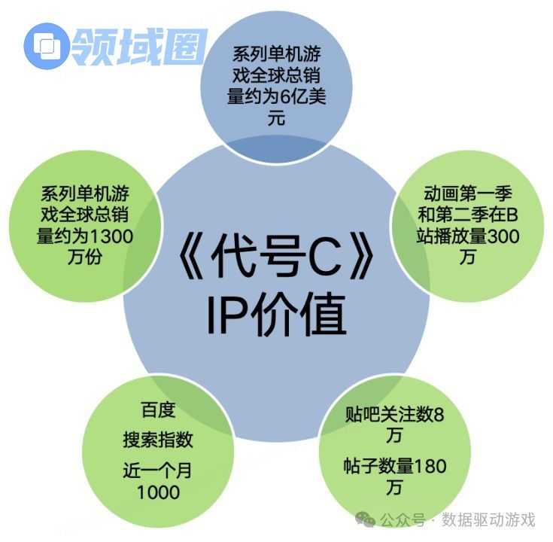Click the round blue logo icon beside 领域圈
[x=46, y=46]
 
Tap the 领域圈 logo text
[x=139, y=47]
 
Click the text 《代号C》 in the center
[x=276, y=255]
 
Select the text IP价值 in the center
[x=276, y=315]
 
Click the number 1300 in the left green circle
[x=111, y=236]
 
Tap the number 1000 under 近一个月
[x=158, y=492]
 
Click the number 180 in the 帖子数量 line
[x=430, y=466]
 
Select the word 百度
[x=158, y=410]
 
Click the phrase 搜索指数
[x=158, y=440]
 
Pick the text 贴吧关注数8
[x=394, y=414]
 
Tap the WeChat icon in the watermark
[x=365, y=519]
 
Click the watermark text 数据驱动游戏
[x=488, y=519]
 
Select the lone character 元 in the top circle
[x=276, y=118]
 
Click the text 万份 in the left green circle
[x=85, y=257]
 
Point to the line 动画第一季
[x=468, y=193]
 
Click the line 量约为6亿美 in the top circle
[x=276, y=96]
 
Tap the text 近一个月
[x=157, y=470]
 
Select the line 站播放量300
[x=468, y=236]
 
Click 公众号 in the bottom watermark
[x=403, y=519]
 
